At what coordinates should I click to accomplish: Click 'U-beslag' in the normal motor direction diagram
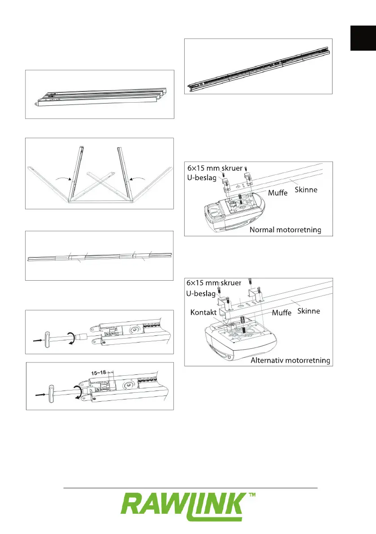201,178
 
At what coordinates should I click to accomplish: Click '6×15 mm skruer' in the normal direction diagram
216,168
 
